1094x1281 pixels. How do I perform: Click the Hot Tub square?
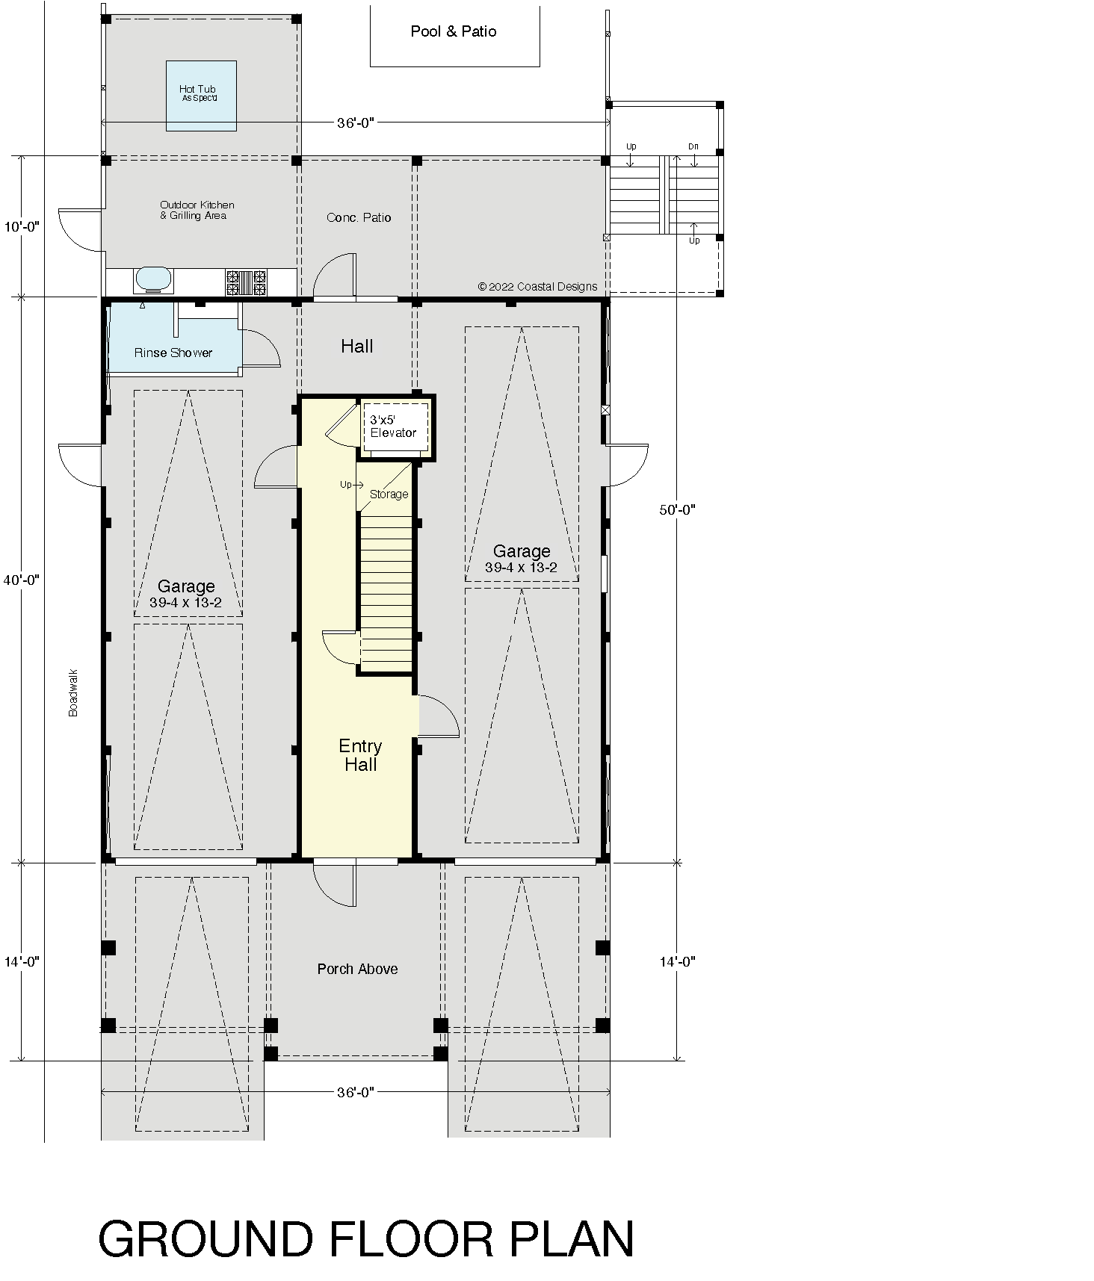coord(201,96)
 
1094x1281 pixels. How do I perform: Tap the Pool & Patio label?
coord(454,31)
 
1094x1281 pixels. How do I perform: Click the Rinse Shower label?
coord(173,353)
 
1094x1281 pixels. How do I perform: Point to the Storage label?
coord(389,494)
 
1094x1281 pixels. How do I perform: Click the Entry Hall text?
coord(360,755)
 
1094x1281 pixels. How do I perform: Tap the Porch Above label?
coord(357,969)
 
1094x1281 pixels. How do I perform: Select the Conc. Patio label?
coord(359,217)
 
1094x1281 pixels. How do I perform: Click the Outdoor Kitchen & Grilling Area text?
coord(197,210)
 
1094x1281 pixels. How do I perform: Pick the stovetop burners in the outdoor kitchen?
coord(246,282)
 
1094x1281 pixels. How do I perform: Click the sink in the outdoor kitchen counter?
coord(153,280)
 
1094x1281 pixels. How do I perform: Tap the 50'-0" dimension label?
coord(678,510)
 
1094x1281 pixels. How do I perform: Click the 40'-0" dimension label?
coord(21,580)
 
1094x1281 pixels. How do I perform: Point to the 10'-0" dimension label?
coord(21,226)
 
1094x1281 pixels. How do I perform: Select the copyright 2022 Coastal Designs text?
coord(537,287)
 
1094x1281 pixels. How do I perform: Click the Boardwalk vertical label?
coord(73,693)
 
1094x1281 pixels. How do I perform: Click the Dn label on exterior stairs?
coord(693,147)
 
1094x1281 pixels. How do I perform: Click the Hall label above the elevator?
coord(357,346)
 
